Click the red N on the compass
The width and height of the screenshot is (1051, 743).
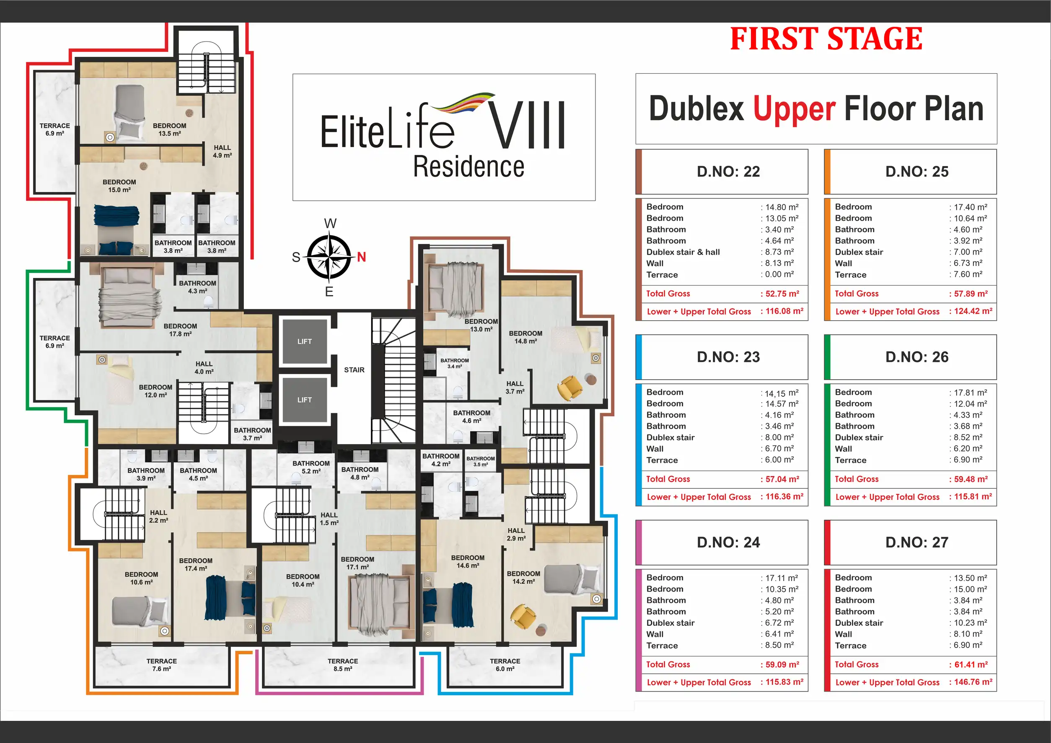click(x=361, y=257)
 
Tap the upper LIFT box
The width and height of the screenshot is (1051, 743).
click(x=305, y=341)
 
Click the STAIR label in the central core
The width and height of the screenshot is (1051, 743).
click(x=355, y=370)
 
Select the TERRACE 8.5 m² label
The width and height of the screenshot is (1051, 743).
click(x=342, y=665)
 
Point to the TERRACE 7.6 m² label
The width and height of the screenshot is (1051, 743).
click(x=162, y=665)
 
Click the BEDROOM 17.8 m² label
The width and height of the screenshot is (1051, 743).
click(x=181, y=330)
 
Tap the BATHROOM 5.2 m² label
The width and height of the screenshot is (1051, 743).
click(x=311, y=467)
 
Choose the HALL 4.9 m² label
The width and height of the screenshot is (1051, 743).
click(x=222, y=152)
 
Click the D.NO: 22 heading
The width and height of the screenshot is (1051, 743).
click(x=728, y=172)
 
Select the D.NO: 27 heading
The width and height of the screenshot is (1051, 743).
click(x=917, y=542)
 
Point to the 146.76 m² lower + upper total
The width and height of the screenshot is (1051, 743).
click(x=973, y=682)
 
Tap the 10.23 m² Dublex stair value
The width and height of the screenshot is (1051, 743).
click(x=971, y=623)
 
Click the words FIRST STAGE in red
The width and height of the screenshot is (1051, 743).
click(x=826, y=39)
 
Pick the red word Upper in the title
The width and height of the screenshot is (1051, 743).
click(x=795, y=109)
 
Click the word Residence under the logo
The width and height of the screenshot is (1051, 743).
click(x=469, y=167)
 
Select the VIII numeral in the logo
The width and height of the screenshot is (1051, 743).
click(x=527, y=125)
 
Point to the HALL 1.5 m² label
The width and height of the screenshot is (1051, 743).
click(x=329, y=519)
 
